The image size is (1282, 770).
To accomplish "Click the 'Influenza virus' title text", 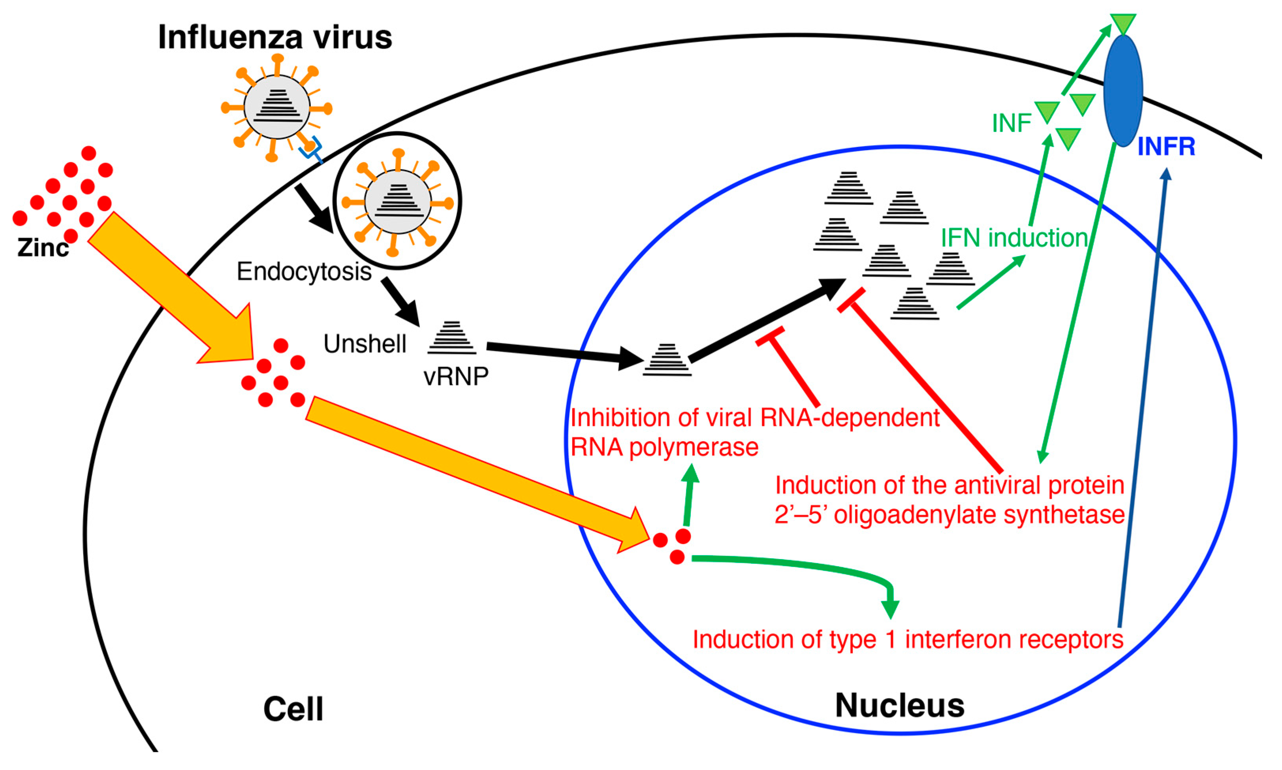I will tap(275, 38).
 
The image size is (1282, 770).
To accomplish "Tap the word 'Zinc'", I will tap(43, 247).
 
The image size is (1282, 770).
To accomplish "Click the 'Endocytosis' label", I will tap(304, 271).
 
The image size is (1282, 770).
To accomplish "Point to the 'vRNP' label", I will tap(456, 377).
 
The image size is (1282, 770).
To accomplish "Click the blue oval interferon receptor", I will tap(1123, 91).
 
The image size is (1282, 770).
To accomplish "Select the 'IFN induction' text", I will tap(1014, 238).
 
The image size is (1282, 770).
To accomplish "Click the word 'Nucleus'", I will tap(900, 706).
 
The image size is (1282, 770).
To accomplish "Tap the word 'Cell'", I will tap(293, 709).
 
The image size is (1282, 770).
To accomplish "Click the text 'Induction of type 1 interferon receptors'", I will tap(908, 639).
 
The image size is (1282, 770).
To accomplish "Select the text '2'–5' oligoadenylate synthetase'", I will tap(949, 515).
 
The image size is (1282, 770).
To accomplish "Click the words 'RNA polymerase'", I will tap(664, 447).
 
